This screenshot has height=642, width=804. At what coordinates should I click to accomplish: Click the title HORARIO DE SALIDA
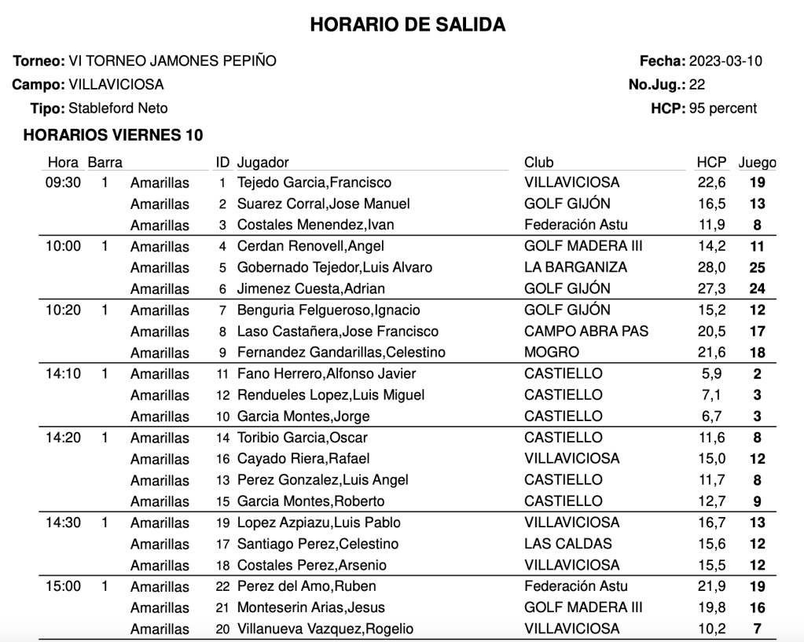click(x=407, y=25)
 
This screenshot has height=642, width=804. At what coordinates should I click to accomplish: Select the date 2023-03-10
click(x=725, y=61)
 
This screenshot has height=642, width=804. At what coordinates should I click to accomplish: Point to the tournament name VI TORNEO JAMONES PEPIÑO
click(x=172, y=61)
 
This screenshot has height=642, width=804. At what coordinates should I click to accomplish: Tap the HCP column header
click(x=711, y=163)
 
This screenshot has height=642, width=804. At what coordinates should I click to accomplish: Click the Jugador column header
click(x=263, y=163)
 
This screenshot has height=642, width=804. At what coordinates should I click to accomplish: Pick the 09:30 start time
click(x=63, y=183)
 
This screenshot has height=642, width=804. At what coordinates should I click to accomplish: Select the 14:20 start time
click(x=63, y=438)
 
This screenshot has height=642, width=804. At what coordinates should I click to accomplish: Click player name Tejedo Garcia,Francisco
click(x=314, y=183)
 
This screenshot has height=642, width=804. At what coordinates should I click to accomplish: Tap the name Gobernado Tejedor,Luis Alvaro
click(x=335, y=267)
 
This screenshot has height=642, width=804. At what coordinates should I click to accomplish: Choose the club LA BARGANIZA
click(x=575, y=267)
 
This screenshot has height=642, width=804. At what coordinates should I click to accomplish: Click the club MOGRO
click(x=552, y=352)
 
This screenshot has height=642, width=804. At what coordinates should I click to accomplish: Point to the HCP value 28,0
click(x=711, y=267)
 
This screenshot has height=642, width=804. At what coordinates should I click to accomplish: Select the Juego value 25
click(x=757, y=268)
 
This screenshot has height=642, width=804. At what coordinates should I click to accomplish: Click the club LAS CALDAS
click(x=568, y=543)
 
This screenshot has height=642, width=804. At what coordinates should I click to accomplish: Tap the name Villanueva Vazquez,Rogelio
click(x=325, y=629)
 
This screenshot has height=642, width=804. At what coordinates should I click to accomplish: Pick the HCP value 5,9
click(x=714, y=374)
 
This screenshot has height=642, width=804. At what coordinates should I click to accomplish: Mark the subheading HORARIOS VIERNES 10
click(x=113, y=135)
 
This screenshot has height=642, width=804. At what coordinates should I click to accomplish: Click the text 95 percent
click(x=723, y=108)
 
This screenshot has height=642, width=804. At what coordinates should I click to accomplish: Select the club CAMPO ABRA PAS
click(x=586, y=331)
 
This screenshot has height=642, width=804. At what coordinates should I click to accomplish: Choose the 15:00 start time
click(x=63, y=586)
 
